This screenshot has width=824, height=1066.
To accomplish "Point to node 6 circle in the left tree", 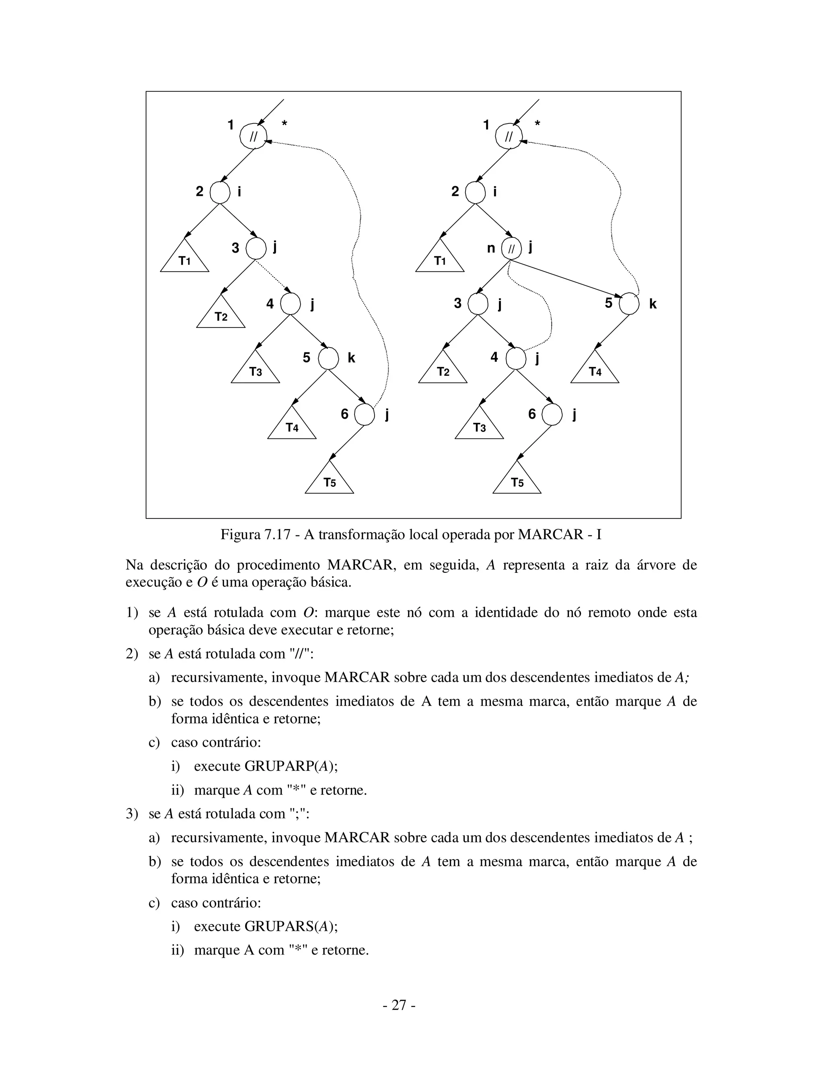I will pyautogui.click(x=364, y=415).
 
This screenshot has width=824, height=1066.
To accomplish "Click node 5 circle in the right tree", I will pyautogui.click(x=629, y=304).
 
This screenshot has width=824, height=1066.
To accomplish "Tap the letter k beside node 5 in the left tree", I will pyautogui.click(x=352, y=358).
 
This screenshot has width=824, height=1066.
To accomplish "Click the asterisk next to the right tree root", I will pyautogui.click(x=538, y=124).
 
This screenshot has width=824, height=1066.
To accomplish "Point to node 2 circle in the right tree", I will pyautogui.click(x=475, y=192).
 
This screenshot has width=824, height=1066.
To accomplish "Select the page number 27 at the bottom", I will pyautogui.click(x=399, y=1005).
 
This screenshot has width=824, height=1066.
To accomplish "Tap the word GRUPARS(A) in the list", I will pyautogui.click(x=290, y=926).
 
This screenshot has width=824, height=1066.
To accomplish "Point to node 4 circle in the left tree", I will pyautogui.click(x=290, y=304).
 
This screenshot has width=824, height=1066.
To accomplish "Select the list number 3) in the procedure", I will pyautogui.click(x=132, y=814).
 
